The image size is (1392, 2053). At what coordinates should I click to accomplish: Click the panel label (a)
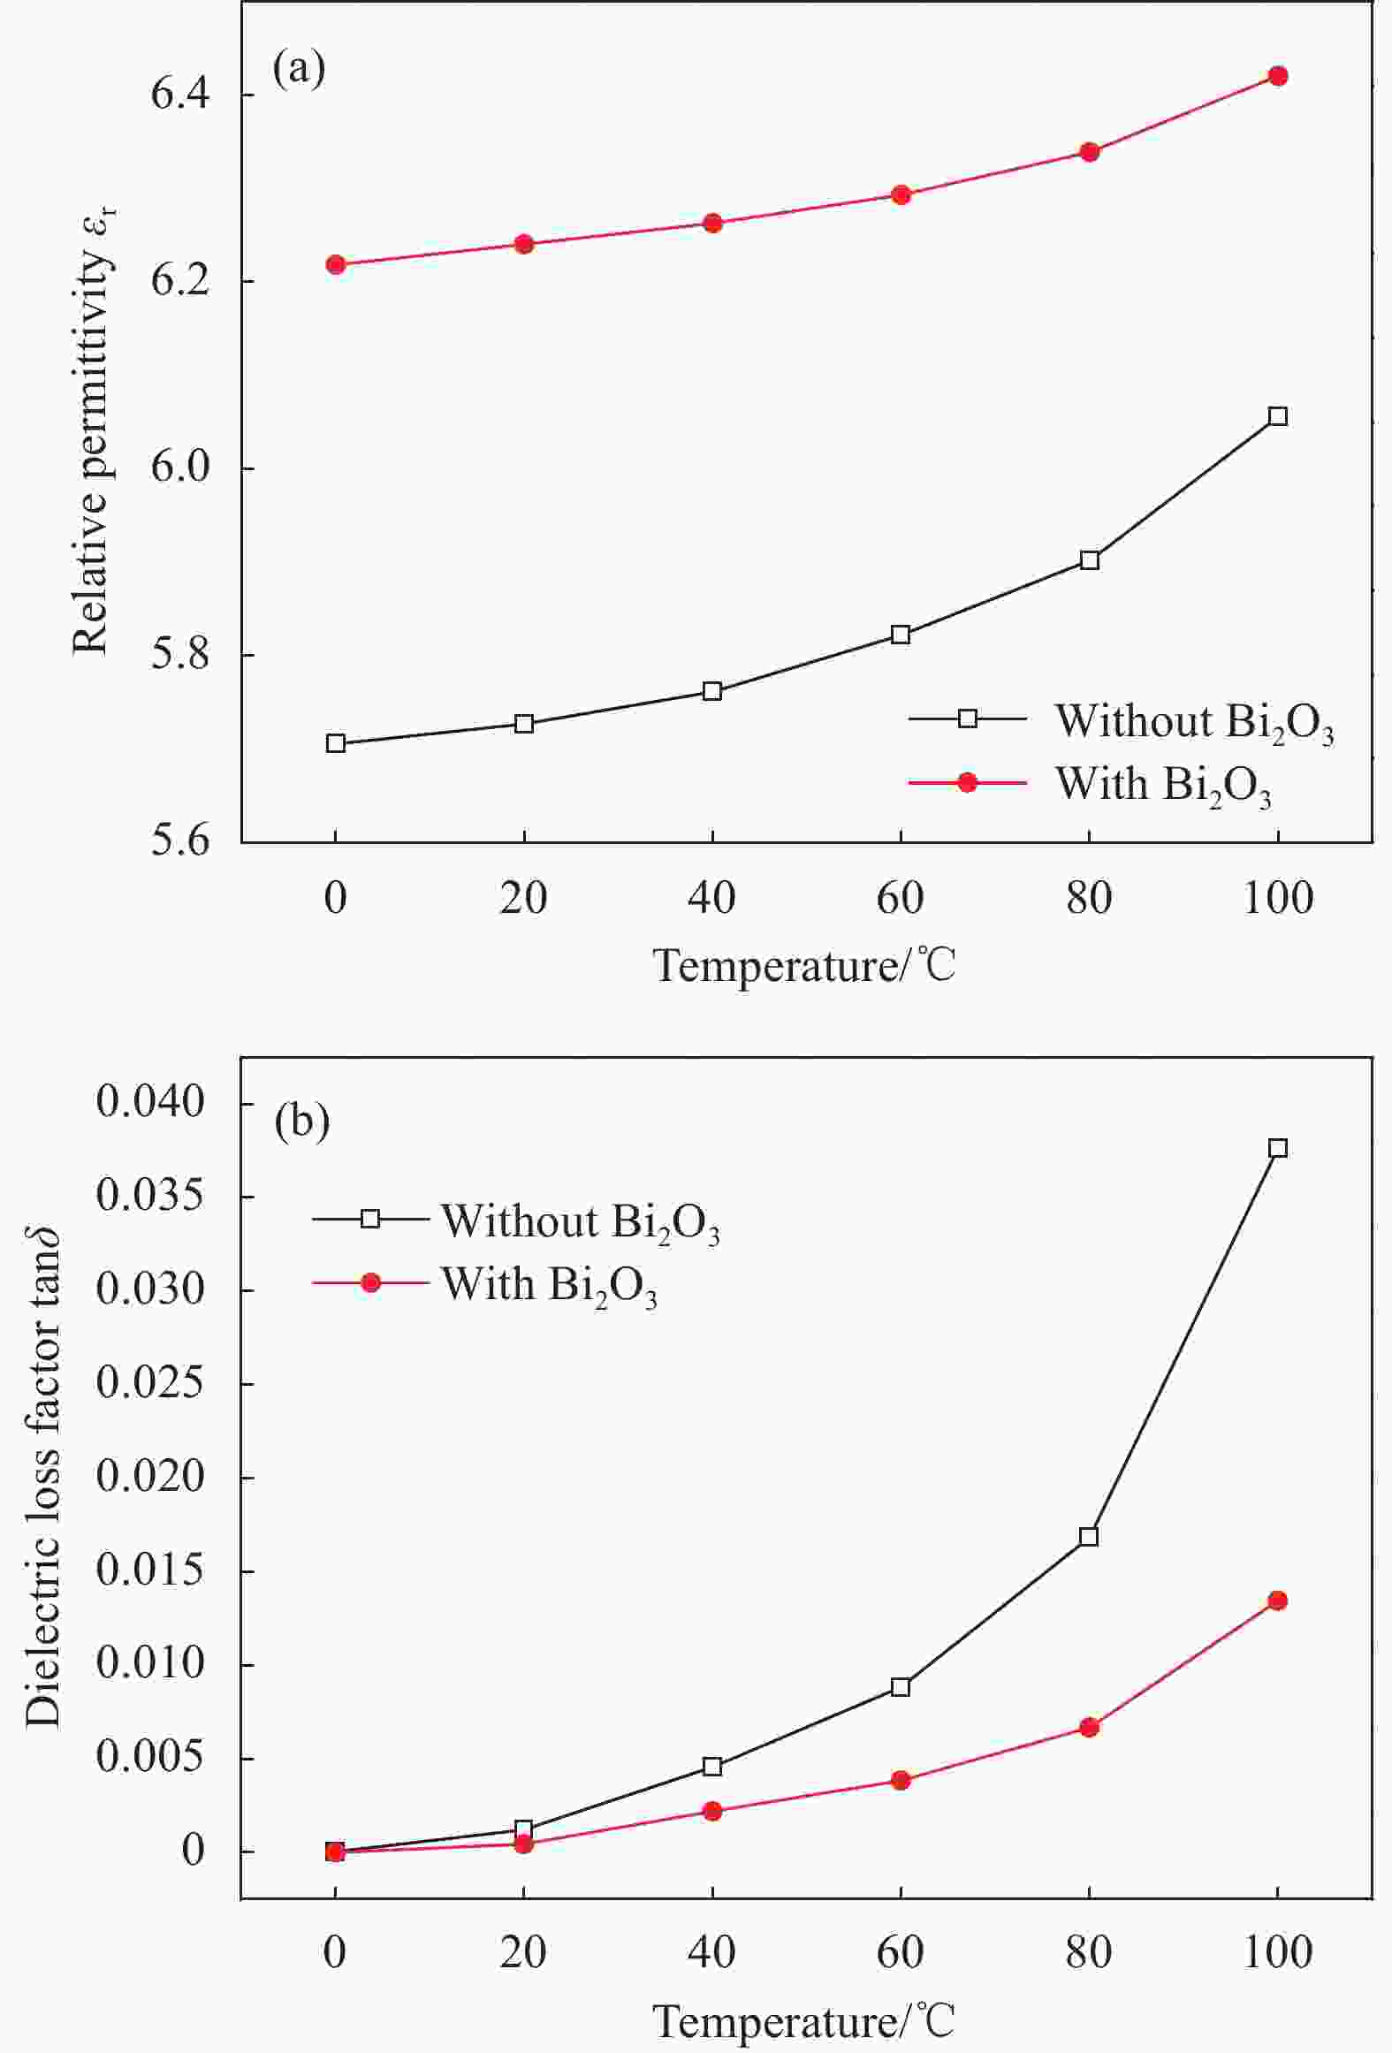300,68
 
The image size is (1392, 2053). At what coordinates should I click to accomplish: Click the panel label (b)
302,1121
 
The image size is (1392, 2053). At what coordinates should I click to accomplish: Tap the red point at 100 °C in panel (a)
1277,76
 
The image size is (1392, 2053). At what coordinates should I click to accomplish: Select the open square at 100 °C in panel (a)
1277,416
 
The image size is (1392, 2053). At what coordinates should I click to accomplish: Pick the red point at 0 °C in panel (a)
336,264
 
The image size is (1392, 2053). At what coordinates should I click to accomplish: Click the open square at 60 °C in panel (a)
901,635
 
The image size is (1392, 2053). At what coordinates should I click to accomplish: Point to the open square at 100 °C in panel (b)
1277,1148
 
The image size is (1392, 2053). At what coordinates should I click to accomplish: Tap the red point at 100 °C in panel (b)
1277,1601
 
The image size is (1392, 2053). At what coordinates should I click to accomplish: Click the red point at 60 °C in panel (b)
901,1780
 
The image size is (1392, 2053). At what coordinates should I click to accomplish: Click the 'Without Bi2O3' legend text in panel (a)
1194,722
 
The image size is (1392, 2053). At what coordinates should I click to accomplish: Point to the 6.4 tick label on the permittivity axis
180,95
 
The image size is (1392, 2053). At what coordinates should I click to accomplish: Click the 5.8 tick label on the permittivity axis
180,655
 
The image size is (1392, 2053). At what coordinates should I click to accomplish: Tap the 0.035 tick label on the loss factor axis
150,1197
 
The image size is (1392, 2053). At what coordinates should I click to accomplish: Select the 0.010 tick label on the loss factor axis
150,1664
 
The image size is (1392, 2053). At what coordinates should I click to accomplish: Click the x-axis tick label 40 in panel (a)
711,899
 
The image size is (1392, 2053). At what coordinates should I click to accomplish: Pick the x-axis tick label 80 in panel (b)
1088,1951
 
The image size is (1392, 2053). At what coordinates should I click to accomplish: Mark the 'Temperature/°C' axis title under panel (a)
804,967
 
